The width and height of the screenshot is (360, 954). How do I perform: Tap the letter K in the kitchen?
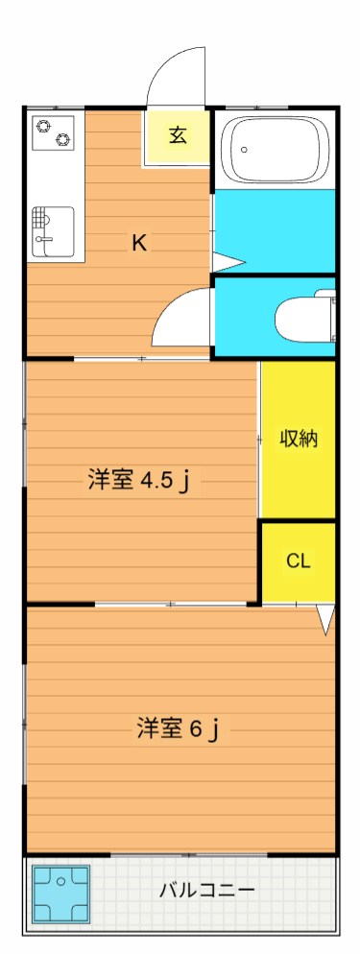click(139, 243)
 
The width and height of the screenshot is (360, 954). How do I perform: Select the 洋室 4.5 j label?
click(137, 480)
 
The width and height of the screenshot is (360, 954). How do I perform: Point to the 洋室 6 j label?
click(179, 729)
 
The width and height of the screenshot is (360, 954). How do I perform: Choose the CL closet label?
click(299, 561)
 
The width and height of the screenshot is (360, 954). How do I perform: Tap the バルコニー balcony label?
click(206, 890)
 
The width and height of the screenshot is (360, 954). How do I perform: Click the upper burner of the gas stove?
click(43, 123)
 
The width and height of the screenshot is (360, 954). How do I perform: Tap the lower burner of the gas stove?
click(63, 140)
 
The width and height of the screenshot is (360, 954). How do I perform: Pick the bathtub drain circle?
click(244, 150)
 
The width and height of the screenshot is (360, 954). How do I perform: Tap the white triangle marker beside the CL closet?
click(326, 620)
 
